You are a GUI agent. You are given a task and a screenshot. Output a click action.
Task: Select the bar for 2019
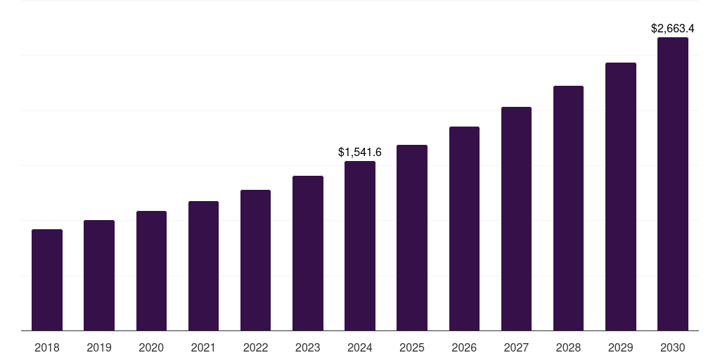(99, 276)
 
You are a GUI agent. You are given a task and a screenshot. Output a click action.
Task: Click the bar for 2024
(360, 246)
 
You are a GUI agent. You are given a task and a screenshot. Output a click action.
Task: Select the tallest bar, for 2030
(673, 184)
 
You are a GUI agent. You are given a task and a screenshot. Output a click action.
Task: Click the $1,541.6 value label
(360, 152)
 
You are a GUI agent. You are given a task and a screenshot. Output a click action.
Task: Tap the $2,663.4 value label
(673, 29)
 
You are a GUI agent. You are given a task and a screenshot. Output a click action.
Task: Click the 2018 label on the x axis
(47, 347)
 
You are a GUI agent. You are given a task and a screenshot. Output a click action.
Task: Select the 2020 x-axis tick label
(151, 347)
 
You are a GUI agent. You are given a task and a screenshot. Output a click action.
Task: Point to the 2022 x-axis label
(255, 347)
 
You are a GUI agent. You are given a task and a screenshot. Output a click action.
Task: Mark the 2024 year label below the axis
(360, 347)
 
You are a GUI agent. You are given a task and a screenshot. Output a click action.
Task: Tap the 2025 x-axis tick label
(412, 347)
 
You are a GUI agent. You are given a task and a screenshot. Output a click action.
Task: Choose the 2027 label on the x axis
(516, 347)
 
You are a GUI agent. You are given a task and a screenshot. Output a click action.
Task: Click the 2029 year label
(621, 347)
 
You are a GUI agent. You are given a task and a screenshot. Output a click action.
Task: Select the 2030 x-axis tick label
(673, 347)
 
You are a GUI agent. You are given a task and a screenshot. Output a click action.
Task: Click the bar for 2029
(621, 197)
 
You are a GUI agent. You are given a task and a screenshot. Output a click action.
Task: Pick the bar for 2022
(255, 260)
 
